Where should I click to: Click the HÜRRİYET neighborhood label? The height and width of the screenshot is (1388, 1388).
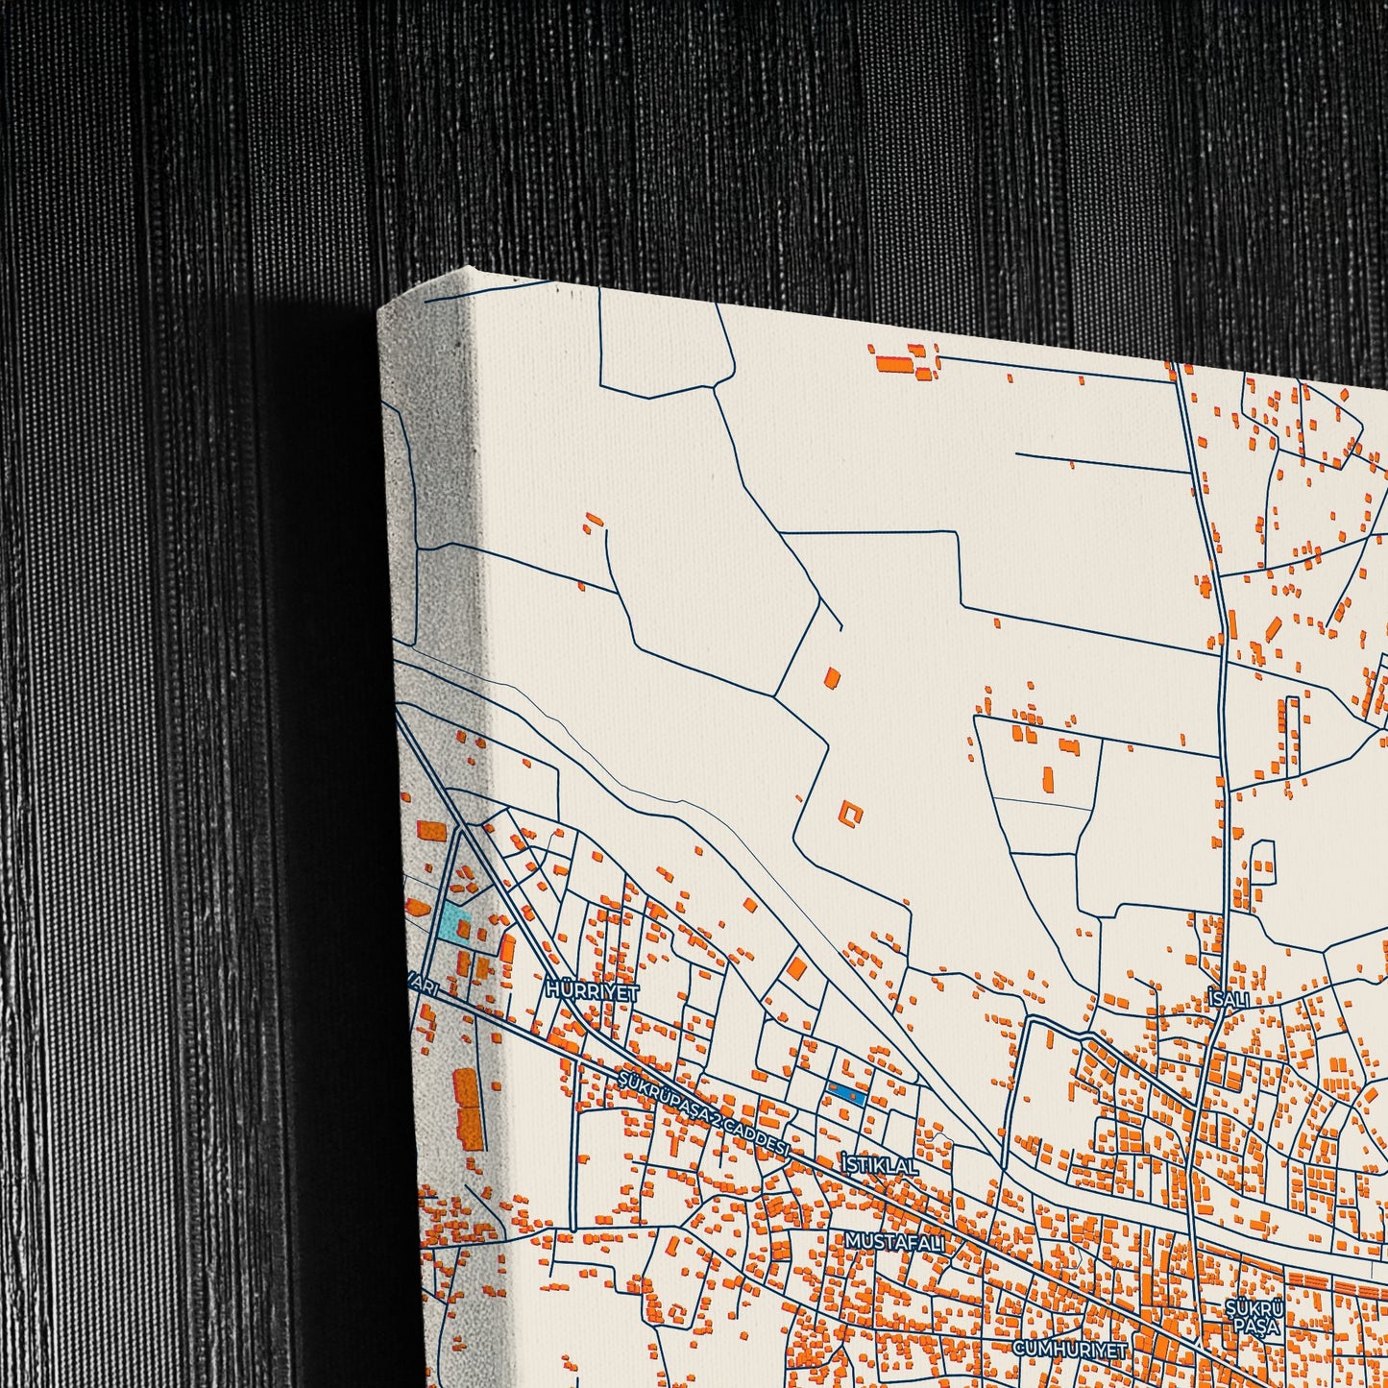click(592, 991)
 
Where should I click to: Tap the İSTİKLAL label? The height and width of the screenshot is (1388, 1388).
click(879, 1165)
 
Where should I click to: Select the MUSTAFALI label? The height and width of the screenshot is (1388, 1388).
click(894, 1242)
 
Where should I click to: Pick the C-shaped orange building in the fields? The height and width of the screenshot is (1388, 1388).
click(850, 814)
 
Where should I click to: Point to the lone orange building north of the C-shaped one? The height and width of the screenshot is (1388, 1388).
click(832, 677)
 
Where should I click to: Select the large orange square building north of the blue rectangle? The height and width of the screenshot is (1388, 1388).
click(796, 967)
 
